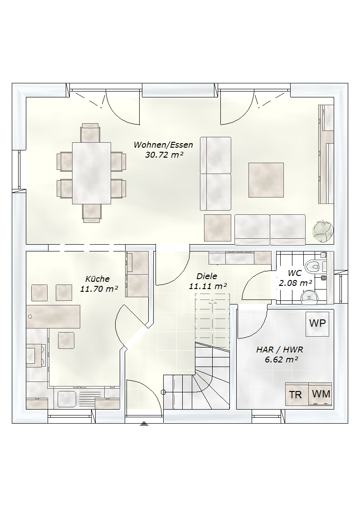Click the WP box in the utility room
[x=317, y=324]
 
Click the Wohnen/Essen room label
[x=163, y=145]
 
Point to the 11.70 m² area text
[x=99, y=289]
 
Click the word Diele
[x=207, y=276]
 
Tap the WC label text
[x=295, y=273]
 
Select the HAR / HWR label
[x=280, y=349]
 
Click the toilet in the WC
[x=313, y=266]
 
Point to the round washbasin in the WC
[x=310, y=297]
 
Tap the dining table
[x=92, y=173]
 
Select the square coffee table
[x=266, y=180]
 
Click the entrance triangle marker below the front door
[x=144, y=424]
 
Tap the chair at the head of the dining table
[x=90, y=133]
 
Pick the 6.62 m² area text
[x=282, y=360]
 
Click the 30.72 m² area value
[x=164, y=155]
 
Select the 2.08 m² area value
[x=295, y=283]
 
